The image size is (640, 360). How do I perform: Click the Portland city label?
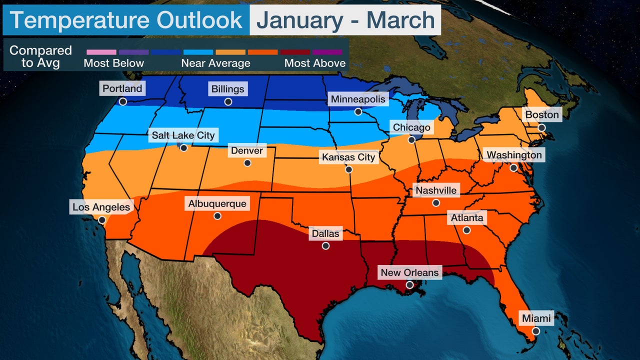(122, 89)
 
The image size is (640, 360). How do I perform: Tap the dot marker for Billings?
(228, 101)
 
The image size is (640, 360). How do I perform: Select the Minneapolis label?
(358, 99)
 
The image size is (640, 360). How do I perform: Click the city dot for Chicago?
(411, 140)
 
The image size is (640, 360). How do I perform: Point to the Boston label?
(541, 115)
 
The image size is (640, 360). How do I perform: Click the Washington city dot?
(513, 168)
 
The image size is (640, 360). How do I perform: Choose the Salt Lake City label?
(183, 135)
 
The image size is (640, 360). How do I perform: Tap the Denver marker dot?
(247, 163)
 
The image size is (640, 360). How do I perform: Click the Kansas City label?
(348, 157)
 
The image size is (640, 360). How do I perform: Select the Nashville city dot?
(435, 203)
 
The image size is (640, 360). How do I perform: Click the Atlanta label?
(467, 218)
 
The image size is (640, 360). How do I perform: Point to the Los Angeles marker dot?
(102, 219)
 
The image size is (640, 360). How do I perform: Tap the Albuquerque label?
(217, 204)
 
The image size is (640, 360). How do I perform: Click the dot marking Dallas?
(325, 246)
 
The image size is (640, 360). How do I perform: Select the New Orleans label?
(409, 272)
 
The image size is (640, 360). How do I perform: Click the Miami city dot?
(535, 331)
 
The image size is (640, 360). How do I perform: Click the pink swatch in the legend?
(101, 52)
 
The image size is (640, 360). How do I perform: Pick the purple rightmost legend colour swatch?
(327, 52)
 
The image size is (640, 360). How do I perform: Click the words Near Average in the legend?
(215, 63)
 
